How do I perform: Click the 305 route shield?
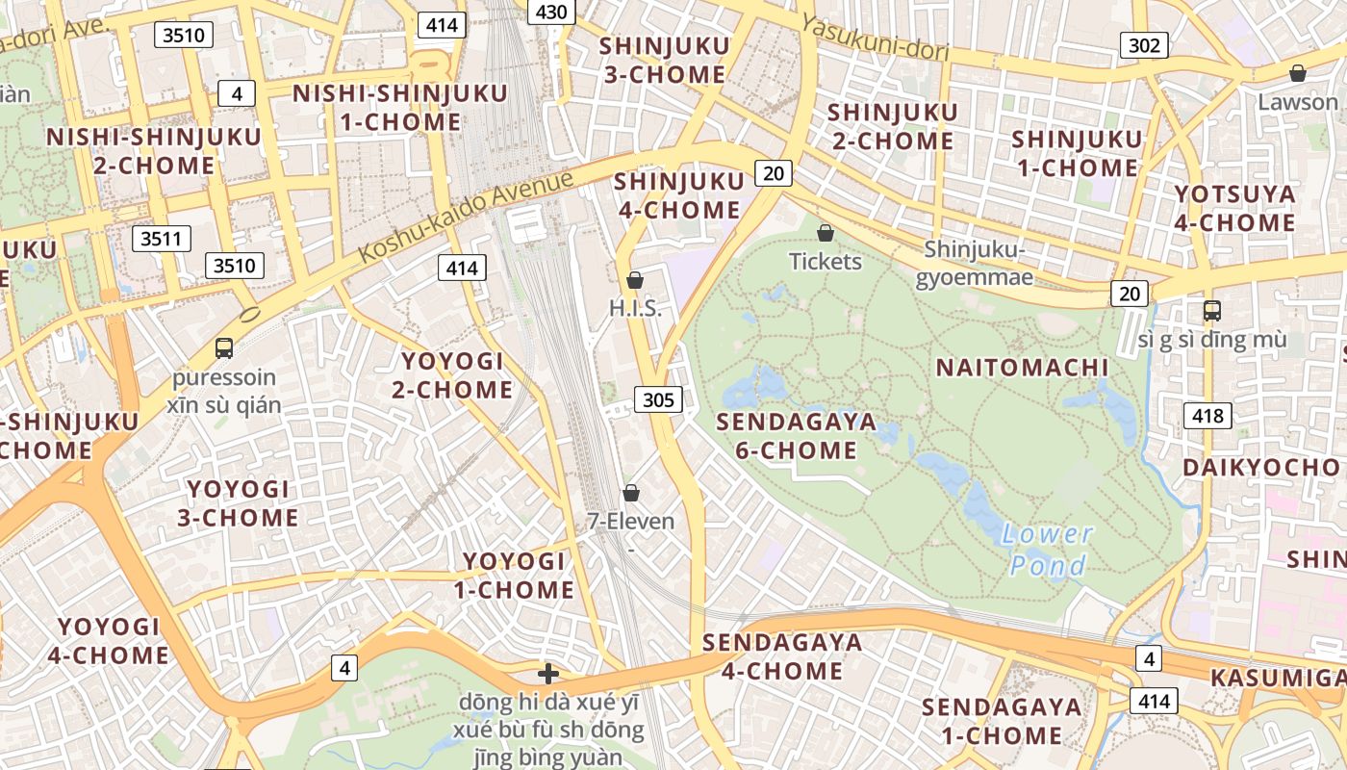658,399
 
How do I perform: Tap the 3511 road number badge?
161,239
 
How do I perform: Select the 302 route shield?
1144,44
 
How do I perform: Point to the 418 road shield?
1207,416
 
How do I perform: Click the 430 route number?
552,11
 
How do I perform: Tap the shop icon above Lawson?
1298,73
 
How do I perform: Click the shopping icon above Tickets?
825,233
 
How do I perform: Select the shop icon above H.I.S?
634,280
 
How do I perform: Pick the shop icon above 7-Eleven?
631,493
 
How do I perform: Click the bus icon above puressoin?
224,348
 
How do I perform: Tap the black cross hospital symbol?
548,673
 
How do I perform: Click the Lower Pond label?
1048,549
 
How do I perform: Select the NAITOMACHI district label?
1022,368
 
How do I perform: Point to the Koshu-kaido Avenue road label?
466,218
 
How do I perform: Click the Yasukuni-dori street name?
875,41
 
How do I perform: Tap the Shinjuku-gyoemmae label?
976,264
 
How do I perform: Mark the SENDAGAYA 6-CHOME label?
796,436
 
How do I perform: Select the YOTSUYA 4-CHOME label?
1234,209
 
